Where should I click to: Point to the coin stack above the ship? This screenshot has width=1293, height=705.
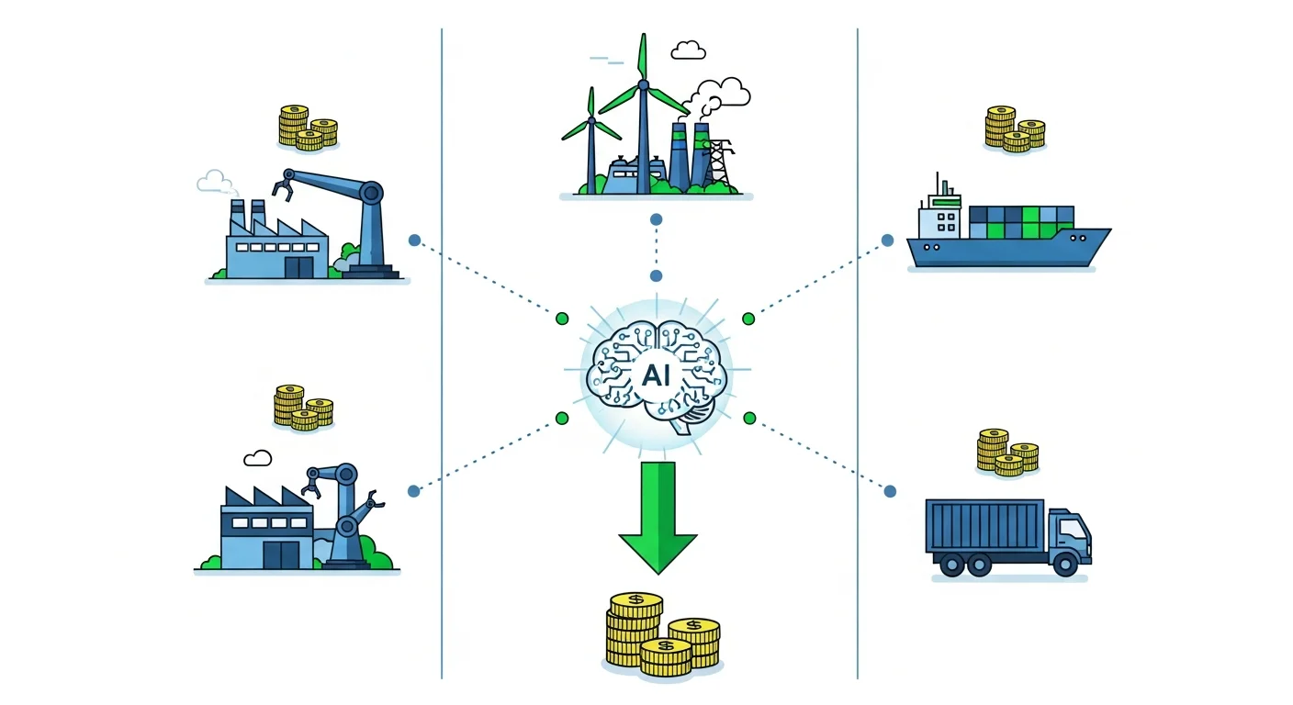click(x=1014, y=129)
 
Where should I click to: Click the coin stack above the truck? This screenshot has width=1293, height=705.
click(x=1006, y=453)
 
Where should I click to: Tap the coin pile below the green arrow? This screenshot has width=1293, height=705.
click(x=662, y=634)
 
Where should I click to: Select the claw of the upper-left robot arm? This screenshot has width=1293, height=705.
click(x=282, y=189)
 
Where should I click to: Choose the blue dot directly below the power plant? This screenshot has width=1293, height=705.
click(x=656, y=220)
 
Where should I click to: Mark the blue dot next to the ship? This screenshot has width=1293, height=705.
click(x=887, y=241)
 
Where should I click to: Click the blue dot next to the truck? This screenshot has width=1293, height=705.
click(x=890, y=491)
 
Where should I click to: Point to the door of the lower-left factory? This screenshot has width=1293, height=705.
click(x=281, y=554)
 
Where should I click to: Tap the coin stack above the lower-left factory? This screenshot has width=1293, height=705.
click(x=303, y=408)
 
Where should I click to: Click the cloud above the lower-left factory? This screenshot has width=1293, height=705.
click(x=258, y=457)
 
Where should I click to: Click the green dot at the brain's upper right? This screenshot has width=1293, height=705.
click(x=748, y=319)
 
